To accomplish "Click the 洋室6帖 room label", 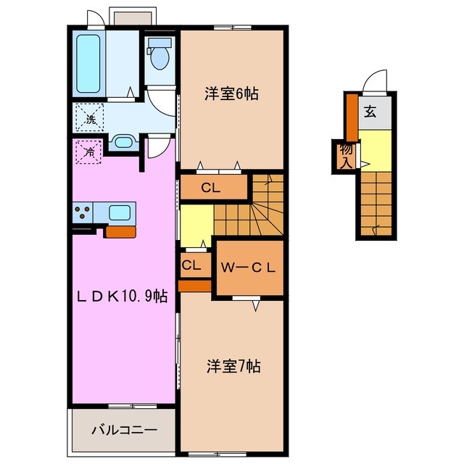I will [x=231, y=94].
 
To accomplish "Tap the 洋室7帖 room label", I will [x=231, y=367].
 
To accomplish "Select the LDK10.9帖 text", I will [x=124, y=296].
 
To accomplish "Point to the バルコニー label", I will [x=123, y=430].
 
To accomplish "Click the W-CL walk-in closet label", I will [x=249, y=267].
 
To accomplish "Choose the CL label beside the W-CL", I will [x=191, y=265].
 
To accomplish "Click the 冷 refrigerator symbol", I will [x=88, y=153].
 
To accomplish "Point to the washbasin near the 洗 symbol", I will [x=123, y=141].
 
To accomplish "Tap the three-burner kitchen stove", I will [x=83, y=212].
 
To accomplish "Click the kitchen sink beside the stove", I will [x=120, y=212].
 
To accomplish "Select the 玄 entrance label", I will [x=370, y=112].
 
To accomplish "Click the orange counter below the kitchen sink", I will [x=120, y=232].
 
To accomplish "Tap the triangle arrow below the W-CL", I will [x=256, y=307].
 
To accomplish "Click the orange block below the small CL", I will [x=194, y=284].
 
